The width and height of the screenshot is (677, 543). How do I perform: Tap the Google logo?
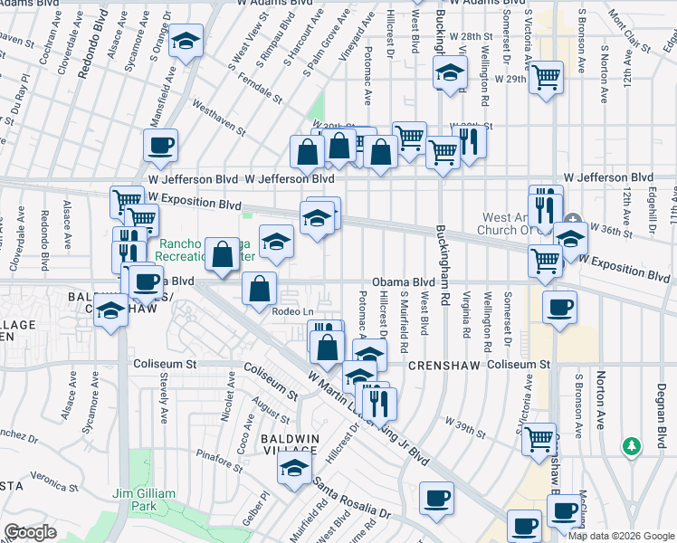[x=30, y=532]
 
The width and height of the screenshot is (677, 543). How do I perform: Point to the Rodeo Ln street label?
[x=291, y=310]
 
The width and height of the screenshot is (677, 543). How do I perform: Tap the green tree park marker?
[x=632, y=446]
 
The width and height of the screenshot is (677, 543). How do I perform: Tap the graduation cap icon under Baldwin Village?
[x=294, y=468]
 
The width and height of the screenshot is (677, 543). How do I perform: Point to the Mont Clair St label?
[x=625, y=32]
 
